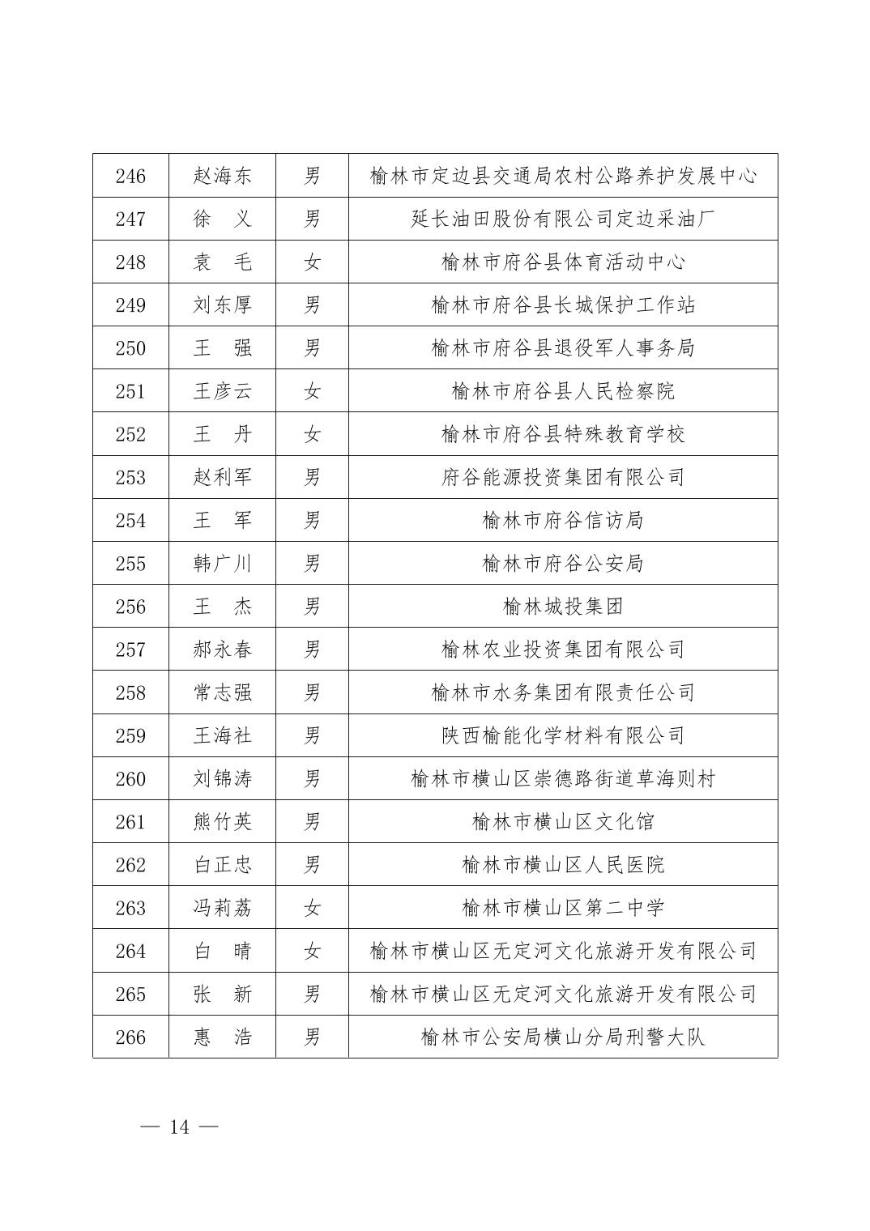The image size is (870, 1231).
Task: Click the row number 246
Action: pos(130,176)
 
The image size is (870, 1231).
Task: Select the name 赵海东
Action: pos(222,176)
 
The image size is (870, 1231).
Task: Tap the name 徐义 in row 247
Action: pos(222,219)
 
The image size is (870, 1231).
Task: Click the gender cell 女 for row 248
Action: pos(312,262)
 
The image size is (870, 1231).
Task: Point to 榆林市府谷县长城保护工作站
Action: pos(563,305)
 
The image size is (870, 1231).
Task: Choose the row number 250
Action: pos(130,348)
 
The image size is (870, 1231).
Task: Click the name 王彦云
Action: pos(222,391)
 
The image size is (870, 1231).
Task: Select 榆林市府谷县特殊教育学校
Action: pos(563,434)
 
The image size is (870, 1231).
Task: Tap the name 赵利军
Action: pos(222,477)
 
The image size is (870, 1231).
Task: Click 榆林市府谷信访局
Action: pos(563,520)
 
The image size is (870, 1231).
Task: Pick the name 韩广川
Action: pos(222,563)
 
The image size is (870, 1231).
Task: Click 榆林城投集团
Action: pos(563,606)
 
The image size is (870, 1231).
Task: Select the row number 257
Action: pos(130,650)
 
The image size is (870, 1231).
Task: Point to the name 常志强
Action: pos(222,692)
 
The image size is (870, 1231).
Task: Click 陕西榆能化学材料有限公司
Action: pos(563,735)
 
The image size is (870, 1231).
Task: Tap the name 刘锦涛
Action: pos(222,778)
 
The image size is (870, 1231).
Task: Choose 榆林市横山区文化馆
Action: pos(563,822)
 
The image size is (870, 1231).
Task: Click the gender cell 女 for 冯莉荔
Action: pos(312,908)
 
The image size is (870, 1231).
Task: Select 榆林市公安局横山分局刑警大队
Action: pos(563,1037)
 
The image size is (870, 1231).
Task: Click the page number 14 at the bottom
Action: pos(179,1127)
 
